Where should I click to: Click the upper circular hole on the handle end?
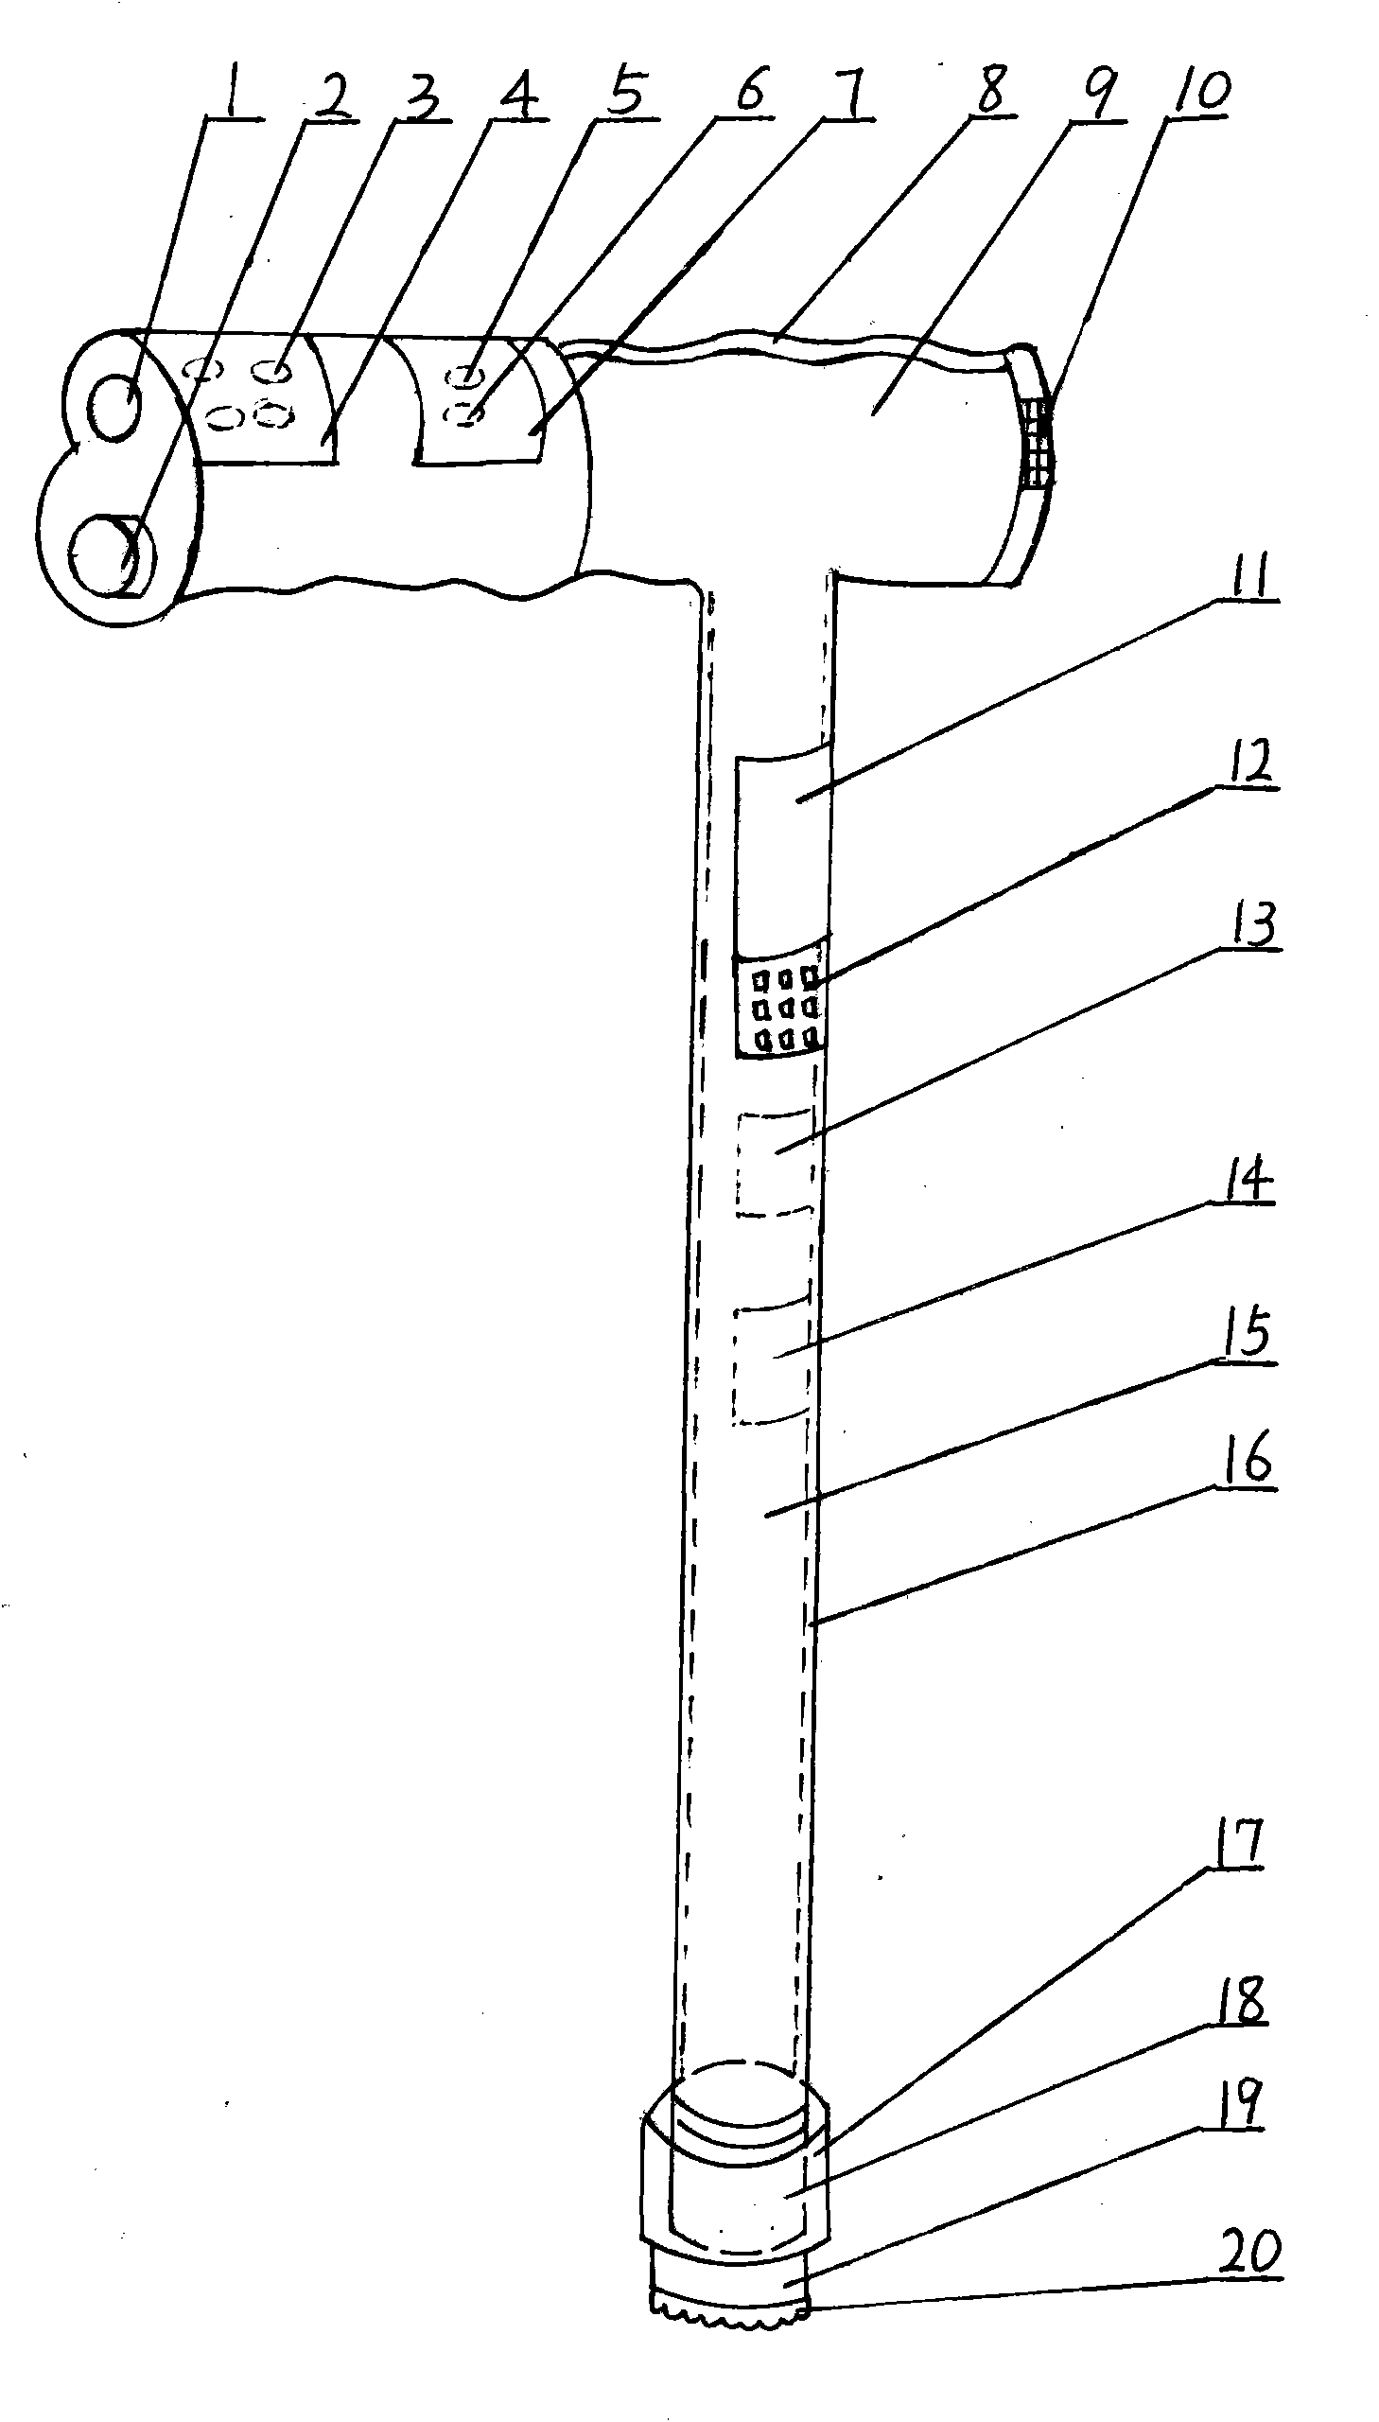pyautogui.click(x=114, y=409)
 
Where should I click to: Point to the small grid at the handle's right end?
pyautogui.click(x=1038, y=441)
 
